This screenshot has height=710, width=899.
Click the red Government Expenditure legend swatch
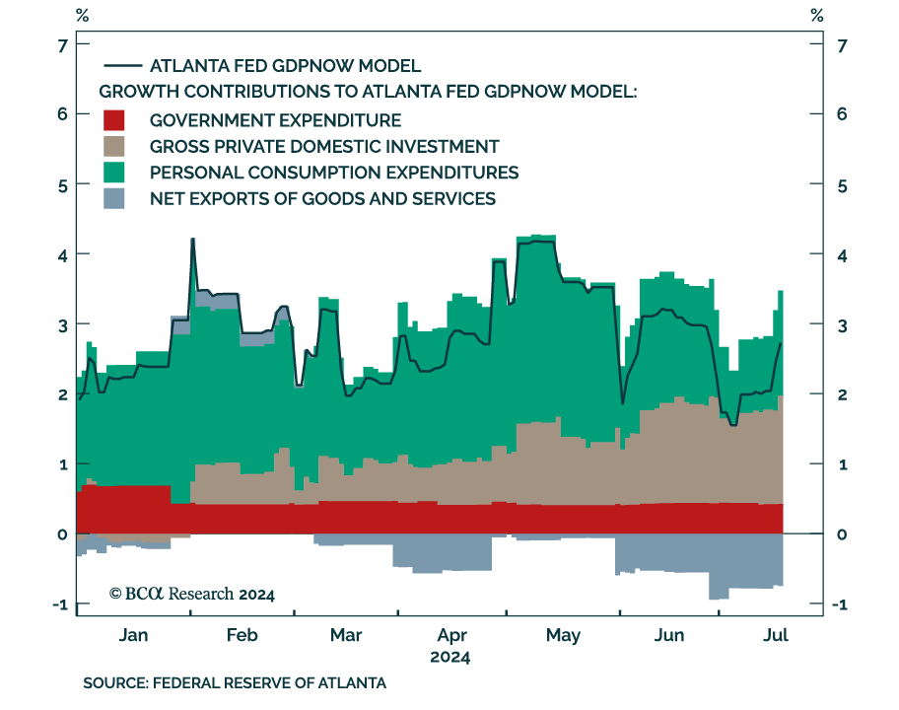point(115,121)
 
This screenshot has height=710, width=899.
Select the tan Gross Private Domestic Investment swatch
point(115,147)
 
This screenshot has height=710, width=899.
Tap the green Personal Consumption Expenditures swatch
point(115,173)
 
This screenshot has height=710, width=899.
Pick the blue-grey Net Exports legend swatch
point(115,198)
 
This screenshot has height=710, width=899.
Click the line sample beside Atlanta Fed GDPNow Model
point(120,66)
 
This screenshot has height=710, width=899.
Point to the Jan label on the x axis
point(133,636)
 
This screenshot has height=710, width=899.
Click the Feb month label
point(242,636)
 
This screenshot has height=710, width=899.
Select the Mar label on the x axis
point(346,636)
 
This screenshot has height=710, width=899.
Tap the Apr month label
point(451,636)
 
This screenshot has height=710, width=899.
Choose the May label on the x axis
point(563,636)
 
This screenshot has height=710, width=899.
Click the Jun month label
point(669,636)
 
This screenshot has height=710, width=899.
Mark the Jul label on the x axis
point(777,636)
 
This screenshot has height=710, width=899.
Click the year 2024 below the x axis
point(449,657)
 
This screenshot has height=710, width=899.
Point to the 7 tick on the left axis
point(61,45)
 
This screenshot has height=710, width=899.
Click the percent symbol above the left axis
point(82,16)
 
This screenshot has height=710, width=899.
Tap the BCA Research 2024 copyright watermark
point(192,594)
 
